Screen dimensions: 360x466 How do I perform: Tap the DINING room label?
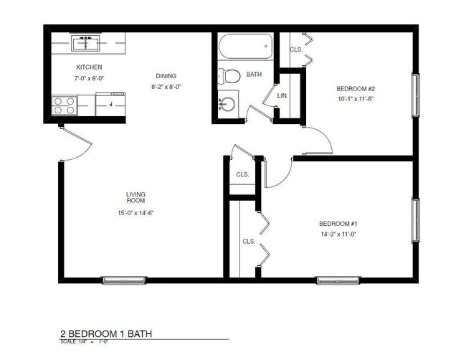[166, 76]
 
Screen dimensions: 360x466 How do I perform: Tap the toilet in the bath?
[230, 75]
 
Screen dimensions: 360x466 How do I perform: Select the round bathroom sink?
[229, 103]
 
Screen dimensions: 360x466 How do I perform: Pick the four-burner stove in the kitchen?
[65, 107]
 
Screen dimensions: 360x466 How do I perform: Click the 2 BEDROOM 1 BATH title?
[106, 333]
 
